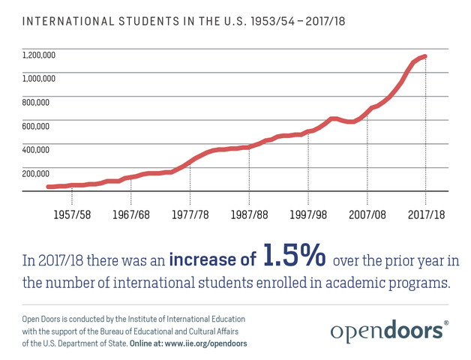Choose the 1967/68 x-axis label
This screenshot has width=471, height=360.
click(x=130, y=214)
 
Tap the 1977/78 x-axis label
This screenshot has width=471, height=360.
click(x=190, y=214)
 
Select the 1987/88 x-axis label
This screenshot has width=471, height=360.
click(x=249, y=214)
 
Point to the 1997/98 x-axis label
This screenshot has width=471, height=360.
click(x=308, y=214)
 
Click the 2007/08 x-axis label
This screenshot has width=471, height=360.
click(x=367, y=214)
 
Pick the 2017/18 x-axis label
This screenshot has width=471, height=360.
click(x=426, y=214)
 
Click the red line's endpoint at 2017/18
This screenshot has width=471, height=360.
click(x=425, y=56)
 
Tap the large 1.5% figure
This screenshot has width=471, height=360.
click(x=294, y=256)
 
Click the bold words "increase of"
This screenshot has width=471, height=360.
click(x=213, y=260)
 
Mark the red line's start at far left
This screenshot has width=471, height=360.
click(x=48, y=187)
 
